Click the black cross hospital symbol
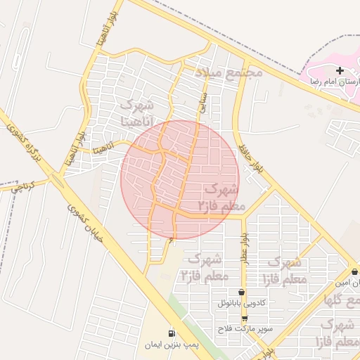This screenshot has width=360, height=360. point(340,70)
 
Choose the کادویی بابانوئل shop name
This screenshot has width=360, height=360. point(242,304)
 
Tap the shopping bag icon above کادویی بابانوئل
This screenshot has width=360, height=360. point(242,292)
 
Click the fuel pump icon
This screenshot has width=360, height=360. point(171,333)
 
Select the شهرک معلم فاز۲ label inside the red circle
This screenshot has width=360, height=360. point(219,198)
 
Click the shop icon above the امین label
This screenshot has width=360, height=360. point(353,271)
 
